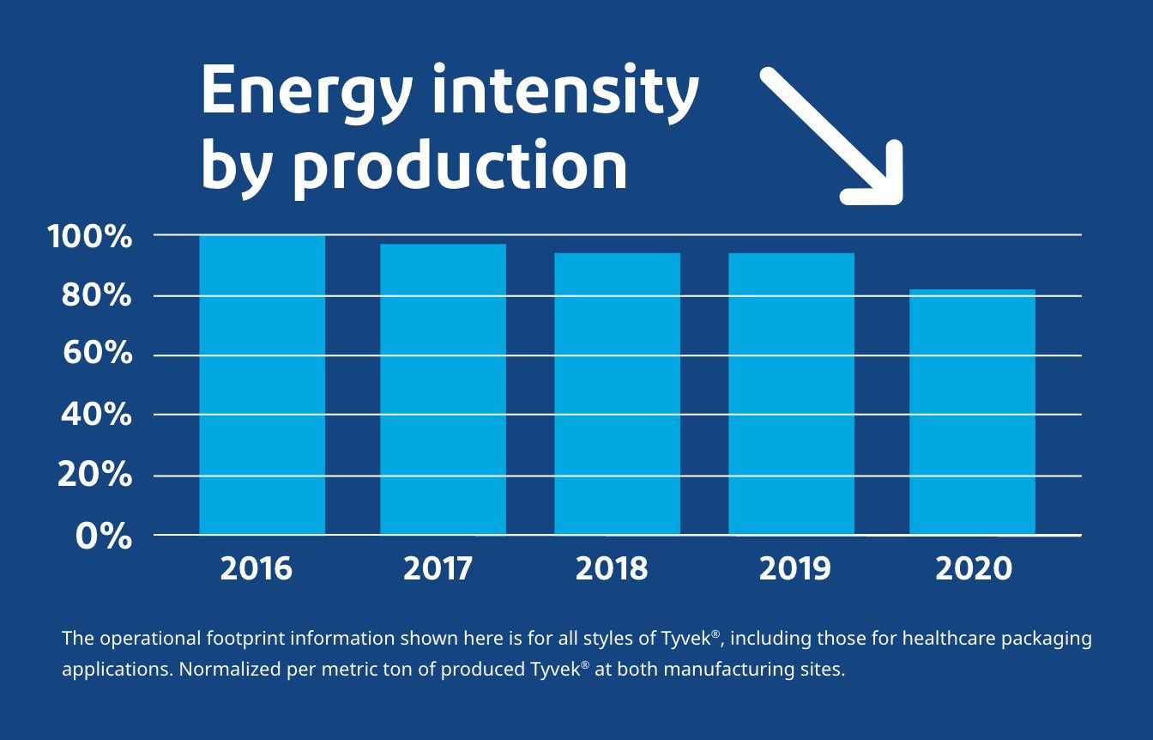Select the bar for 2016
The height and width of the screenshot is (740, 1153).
click(x=262, y=385)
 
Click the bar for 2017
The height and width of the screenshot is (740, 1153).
click(x=444, y=389)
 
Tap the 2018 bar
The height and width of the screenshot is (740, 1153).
click(x=617, y=394)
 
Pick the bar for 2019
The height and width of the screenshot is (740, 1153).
click(x=792, y=394)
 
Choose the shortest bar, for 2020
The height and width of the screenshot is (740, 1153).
click(x=972, y=412)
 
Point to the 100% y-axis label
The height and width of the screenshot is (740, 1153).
click(x=89, y=237)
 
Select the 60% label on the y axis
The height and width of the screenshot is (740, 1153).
click(x=97, y=354)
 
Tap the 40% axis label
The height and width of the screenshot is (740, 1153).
click(x=96, y=414)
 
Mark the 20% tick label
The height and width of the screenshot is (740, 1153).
click(x=94, y=474)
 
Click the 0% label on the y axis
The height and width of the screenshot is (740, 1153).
click(x=104, y=536)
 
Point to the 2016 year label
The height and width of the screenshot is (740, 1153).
click(x=256, y=568)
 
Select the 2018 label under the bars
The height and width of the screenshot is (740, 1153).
click(x=611, y=568)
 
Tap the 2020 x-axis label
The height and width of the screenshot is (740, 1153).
click(x=974, y=568)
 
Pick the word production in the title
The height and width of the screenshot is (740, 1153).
click(x=461, y=168)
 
